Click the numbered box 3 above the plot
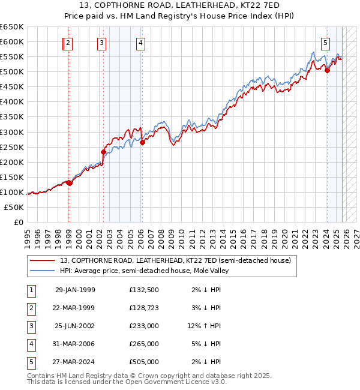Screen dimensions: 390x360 pos(101,43)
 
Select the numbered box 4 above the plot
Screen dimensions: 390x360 pos(140,43)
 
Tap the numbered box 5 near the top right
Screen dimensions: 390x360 pos(325,43)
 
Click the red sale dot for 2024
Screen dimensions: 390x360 pos(327,70)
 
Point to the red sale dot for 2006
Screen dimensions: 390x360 pos(142,142)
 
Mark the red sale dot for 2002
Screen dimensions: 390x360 pos(103,152)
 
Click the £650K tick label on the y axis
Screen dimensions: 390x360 pos(12,27)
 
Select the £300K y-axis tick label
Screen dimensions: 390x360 pos(12,132)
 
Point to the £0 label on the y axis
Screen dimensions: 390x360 pos(18,222)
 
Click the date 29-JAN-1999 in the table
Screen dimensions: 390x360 pos(75,290)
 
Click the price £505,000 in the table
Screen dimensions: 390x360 pos(143,362)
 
